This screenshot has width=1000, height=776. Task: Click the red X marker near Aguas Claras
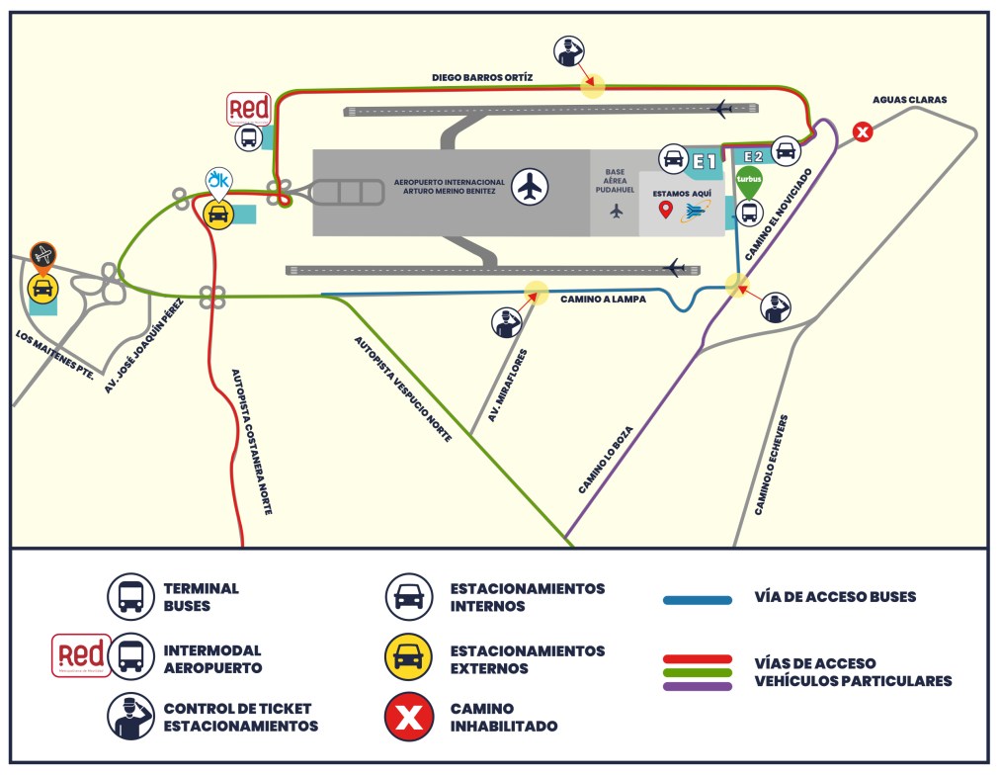863,131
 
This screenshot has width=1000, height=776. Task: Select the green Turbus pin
749,181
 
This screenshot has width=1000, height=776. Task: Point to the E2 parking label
753,156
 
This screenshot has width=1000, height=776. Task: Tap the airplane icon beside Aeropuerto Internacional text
532,185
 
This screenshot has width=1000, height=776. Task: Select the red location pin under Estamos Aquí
666,210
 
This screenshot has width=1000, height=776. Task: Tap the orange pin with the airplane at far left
42,256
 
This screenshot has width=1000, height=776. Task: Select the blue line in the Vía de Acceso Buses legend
698,599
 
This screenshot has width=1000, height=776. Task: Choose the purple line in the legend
698,686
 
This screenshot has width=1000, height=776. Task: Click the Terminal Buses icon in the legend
131,596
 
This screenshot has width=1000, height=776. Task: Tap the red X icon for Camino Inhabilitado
408,717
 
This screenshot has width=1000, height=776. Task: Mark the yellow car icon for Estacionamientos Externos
408,659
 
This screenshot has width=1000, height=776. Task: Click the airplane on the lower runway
676,268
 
